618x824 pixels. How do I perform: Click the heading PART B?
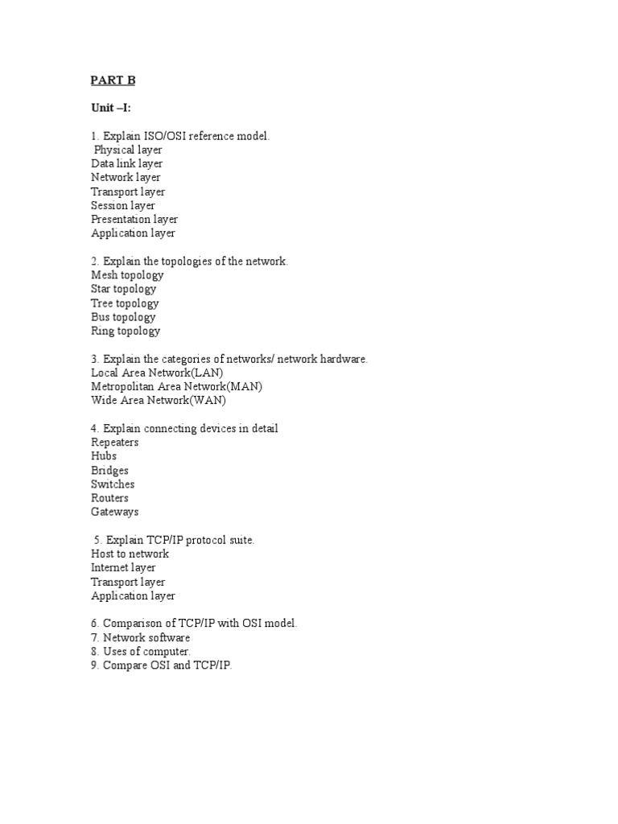click(x=113, y=80)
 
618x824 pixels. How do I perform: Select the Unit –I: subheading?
click(x=111, y=108)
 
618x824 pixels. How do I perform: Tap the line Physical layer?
click(x=128, y=150)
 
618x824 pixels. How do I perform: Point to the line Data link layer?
click(x=127, y=163)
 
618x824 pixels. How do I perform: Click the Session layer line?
click(x=123, y=205)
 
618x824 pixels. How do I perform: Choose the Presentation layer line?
click(x=134, y=219)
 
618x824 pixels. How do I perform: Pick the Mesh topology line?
click(x=127, y=275)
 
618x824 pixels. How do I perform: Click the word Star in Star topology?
click(x=101, y=289)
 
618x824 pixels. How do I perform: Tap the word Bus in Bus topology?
click(x=101, y=317)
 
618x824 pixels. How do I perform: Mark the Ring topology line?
click(x=126, y=331)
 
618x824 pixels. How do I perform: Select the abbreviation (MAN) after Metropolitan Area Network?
click(x=245, y=386)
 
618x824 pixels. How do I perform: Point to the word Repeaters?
click(x=115, y=443)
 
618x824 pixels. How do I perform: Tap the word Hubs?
click(x=104, y=456)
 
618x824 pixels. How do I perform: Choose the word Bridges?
click(x=110, y=471)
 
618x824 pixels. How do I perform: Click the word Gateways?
click(x=115, y=512)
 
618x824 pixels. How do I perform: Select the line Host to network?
click(x=130, y=554)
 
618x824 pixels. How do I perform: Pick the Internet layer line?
click(x=123, y=567)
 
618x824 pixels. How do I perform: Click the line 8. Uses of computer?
click(x=141, y=651)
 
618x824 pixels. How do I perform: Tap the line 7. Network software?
click(x=141, y=637)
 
